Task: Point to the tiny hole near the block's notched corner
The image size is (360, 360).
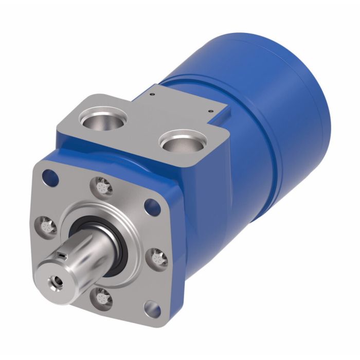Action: click(211, 111)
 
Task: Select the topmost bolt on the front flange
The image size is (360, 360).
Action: click(102, 186)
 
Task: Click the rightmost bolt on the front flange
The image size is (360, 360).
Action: click(158, 257)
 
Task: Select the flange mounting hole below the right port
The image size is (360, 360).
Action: click(151, 207)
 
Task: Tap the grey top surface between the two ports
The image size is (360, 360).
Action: click(141, 123)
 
